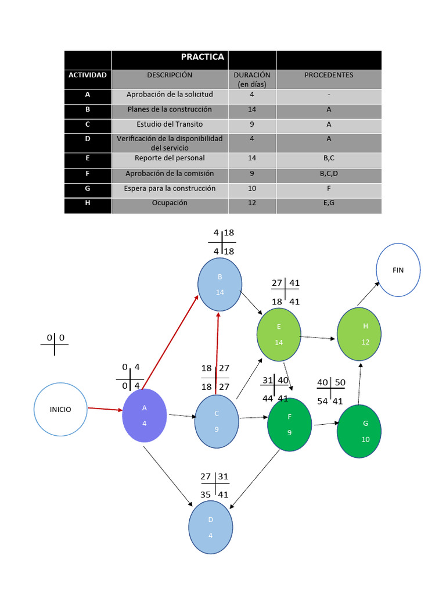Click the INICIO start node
click(60, 410)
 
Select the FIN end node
click(398, 270)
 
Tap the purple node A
click(145, 415)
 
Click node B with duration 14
click(220, 285)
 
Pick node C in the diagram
click(217, 421)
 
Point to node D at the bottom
click(211, 527)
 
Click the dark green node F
click(289, 424)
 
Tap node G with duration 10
click(359, 431)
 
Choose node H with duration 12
click(359, 334)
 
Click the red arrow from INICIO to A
click(105, 410)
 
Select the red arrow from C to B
click(217, 353)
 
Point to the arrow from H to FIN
click(368, 293)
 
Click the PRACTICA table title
click(202, 57)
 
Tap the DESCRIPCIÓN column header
click(170, 75)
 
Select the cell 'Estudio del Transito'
click(170, 124)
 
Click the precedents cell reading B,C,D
click(329, 173)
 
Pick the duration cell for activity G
click(252, 188)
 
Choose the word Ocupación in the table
click(170, 203)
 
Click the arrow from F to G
click(326, 425)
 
